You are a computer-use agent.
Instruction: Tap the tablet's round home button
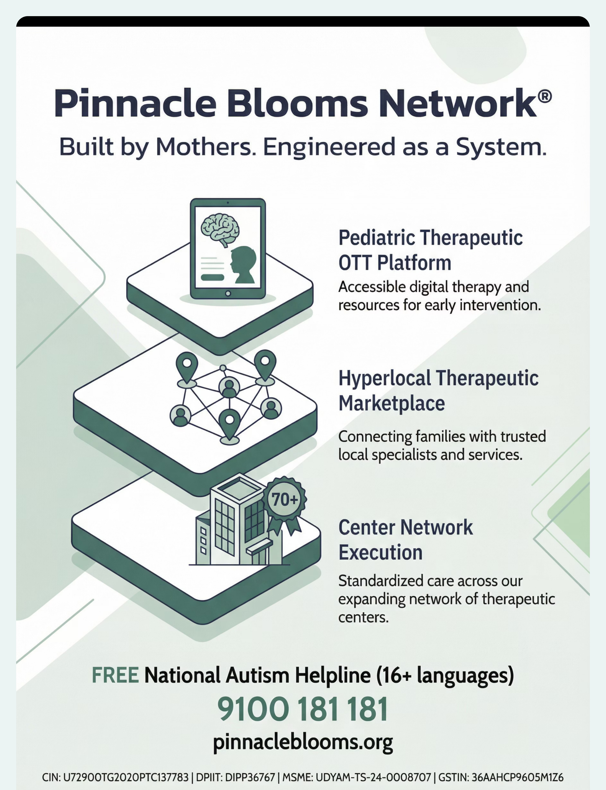click(x=228, y=293)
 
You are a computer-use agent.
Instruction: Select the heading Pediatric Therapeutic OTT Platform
click(x=430, y=250)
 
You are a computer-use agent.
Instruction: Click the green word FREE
click(x=115, y=675)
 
